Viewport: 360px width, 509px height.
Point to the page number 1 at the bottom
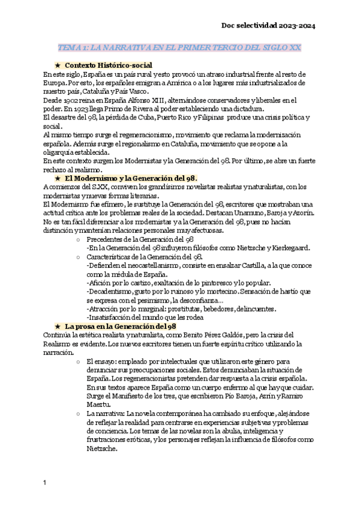point(45,482)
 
